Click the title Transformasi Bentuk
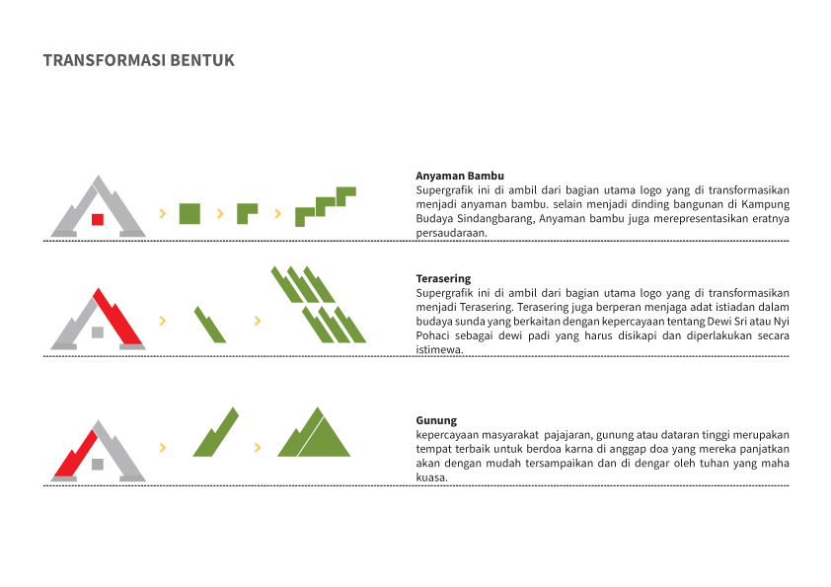(139, 60)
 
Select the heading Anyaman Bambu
(460, 176)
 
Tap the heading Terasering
(443, 278)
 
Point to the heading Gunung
(436, 420)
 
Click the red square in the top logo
(98, 219)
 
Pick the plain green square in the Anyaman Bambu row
(189, 213)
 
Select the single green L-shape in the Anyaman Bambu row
(247, 213)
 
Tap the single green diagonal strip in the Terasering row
(210, 325)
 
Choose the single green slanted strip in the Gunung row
(216, 433)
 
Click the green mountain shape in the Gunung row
(314, 432)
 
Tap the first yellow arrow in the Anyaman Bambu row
(163, 213)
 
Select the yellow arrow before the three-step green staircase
(277, 213)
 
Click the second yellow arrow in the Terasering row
(258, 321)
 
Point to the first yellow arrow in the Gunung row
(163, 448)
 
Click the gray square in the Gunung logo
(98, 464)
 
